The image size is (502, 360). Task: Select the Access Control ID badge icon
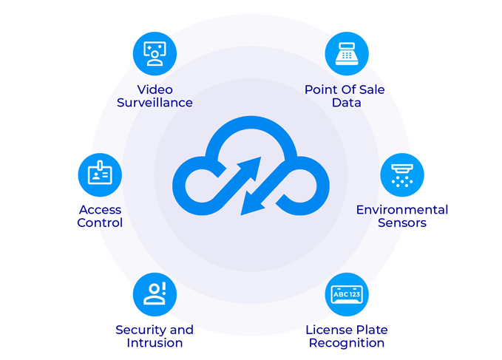(x=100, y=174)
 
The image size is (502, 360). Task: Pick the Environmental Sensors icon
(x=402, y=174)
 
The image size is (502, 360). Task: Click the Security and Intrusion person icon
(x=155, y=294)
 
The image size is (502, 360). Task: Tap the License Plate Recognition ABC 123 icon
(x=347, y=294)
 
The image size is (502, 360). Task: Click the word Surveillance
(x=155, y=103)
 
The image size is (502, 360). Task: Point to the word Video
(x=155, y=89)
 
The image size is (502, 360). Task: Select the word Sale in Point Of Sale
(x=370, y=89)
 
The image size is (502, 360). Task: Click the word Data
(x=346, y=103)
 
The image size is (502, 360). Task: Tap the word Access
(x=100, y=209)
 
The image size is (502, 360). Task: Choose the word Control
(x=100, y=223)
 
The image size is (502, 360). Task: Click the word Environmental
(x=402, y=209)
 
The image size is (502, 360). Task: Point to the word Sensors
(x=402, y=223)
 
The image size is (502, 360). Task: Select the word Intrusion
(x=155, y=343)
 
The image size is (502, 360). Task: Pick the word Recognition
(x=347, y=343)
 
